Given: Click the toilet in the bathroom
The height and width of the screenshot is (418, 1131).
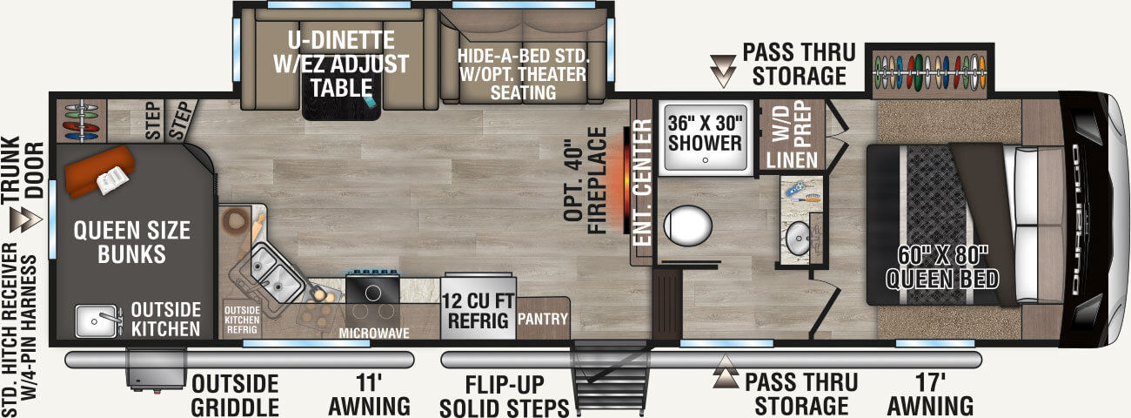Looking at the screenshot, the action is point(687,226).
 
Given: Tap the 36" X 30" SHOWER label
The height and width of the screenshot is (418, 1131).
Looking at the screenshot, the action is point(705,133).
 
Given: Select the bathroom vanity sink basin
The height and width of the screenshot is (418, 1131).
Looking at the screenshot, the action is point(798,238).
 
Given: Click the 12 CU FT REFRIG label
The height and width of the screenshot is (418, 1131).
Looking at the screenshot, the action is point(478,311).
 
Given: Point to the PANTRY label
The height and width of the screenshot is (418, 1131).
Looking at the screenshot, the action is point(542,319).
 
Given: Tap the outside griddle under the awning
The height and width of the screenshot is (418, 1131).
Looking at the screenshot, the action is point(156,369).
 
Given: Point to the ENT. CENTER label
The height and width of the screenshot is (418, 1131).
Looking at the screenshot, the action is point(642,183).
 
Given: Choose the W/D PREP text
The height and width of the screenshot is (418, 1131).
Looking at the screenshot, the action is point(791,124).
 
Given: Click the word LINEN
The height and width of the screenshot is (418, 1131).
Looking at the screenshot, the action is point(792,160).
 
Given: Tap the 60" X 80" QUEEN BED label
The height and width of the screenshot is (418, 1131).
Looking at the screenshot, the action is point(942,268).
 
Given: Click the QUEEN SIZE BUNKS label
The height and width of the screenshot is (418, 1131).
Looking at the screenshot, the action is point(131,243).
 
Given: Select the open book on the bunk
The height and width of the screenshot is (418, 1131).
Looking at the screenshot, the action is point(112,180).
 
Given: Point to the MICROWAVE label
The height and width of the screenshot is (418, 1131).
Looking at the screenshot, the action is point(374,333).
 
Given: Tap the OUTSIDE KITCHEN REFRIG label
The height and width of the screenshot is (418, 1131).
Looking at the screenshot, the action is point(242,320).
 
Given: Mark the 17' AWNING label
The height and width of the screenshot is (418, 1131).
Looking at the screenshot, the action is point(930,394).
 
